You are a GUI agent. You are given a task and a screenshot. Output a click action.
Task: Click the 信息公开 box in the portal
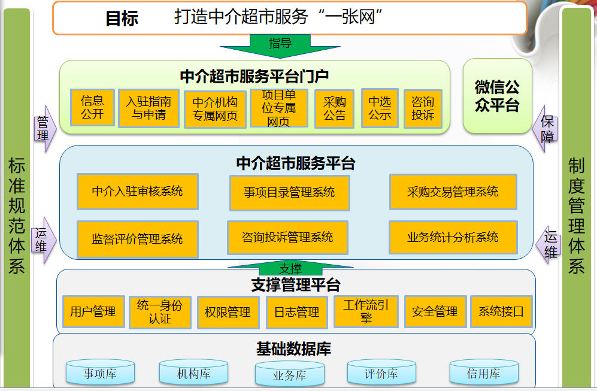tap(92, 107)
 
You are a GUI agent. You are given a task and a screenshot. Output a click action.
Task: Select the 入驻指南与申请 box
tap(149, 108)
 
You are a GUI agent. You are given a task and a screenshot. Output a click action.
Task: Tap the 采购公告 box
tap(335, 108)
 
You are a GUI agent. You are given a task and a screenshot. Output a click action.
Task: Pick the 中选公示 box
tap(380, 108)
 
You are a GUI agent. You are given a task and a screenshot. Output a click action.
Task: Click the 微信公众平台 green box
tap(497, 96)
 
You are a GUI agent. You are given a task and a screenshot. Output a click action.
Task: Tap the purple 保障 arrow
tap(546, 128)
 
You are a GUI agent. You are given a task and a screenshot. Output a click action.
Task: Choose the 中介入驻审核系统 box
tap(137, 192)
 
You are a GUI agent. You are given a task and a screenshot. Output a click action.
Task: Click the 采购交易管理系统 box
tap(453, 192)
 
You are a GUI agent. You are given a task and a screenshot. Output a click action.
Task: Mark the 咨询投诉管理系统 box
tap(287, 237)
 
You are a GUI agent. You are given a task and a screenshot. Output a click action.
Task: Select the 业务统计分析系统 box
tap(453, 237)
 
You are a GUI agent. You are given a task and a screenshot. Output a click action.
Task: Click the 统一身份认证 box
tap(160, 312)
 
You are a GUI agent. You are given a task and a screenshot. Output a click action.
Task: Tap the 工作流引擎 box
tap(366, 311)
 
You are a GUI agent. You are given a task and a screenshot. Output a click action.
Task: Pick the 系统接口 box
tap(501, 311)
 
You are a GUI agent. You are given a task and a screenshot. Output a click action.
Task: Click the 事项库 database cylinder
tap(100, 374)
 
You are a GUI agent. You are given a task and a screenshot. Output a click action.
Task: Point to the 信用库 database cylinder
tap(483, 373)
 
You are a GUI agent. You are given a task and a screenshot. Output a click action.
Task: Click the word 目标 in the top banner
tap(122, 18)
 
